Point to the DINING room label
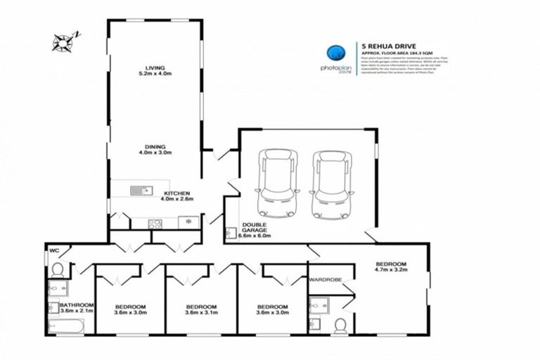tap(155, 148)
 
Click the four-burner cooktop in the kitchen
tap(155, 224)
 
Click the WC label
tap(53, 250)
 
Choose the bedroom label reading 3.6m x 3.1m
tap(200, 310)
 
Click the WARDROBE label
tap(325, 280)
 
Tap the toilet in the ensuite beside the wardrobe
tap(340, 326)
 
